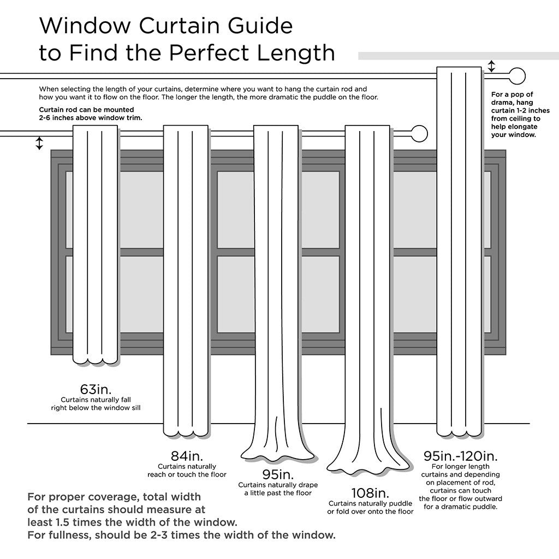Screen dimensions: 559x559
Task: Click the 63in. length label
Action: coord(96,390)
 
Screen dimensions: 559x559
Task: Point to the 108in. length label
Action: coord(371,493)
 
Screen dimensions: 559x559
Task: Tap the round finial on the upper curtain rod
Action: coord(516,74)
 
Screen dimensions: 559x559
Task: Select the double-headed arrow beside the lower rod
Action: coord(39,143)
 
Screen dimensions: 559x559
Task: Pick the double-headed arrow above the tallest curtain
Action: coord(491,66)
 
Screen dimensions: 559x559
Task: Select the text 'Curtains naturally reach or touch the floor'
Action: coord(187,471)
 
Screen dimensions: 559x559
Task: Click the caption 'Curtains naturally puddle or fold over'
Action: coord(370,507)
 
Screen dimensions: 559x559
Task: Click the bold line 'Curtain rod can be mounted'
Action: coord(86,110)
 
